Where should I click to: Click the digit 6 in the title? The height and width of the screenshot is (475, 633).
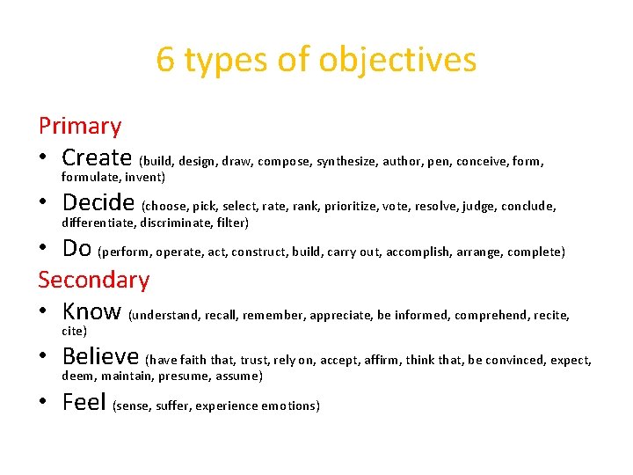pyautogui.click(x=165, y=60)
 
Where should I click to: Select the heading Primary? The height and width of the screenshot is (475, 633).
pyautogui.click(x=80, y=127)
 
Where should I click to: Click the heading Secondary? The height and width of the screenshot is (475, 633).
pyautogui.click(x=94, y=280)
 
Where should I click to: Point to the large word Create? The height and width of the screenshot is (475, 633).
pyautogui.click(x=97, y=158)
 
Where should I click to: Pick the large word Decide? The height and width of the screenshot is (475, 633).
pyautogui.click(x=98, y=203)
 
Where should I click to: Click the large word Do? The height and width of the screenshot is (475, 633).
pyautogui.click(x=76, y=249)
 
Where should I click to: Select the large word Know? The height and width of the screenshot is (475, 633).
pyautogui.click(x=91, y=311)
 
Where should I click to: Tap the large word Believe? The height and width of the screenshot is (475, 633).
pyautogui.click(x=100, y=357)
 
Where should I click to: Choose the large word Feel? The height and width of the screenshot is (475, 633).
pyautogui.click(x=84, y=403)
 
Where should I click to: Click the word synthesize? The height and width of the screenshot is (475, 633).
pyautogui.click(x=346, y=162)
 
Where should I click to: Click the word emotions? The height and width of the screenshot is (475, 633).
pyautogui.click(x=290, y=406)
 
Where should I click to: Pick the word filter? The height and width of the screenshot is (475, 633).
pyautogui.click(x=232, y=223)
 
